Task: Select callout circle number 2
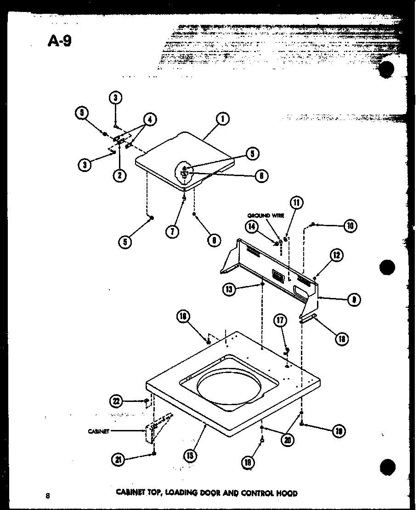click(x=119, y=174)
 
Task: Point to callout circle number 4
click(x=149, y=119)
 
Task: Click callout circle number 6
click(x=261, y=175)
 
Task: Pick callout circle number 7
click(x=172, y=231)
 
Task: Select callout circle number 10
click(x=350, y=226)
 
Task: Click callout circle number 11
click(x=297, y=202)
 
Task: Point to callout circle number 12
click(x=337, y=255)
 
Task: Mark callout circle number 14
click(x=252, y=226)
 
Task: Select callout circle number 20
click(x=287, y=440)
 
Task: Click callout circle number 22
click(x=117, y=401)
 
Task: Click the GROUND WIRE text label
click(x=266, y=215)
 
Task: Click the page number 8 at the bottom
click(x=47, y=495)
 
